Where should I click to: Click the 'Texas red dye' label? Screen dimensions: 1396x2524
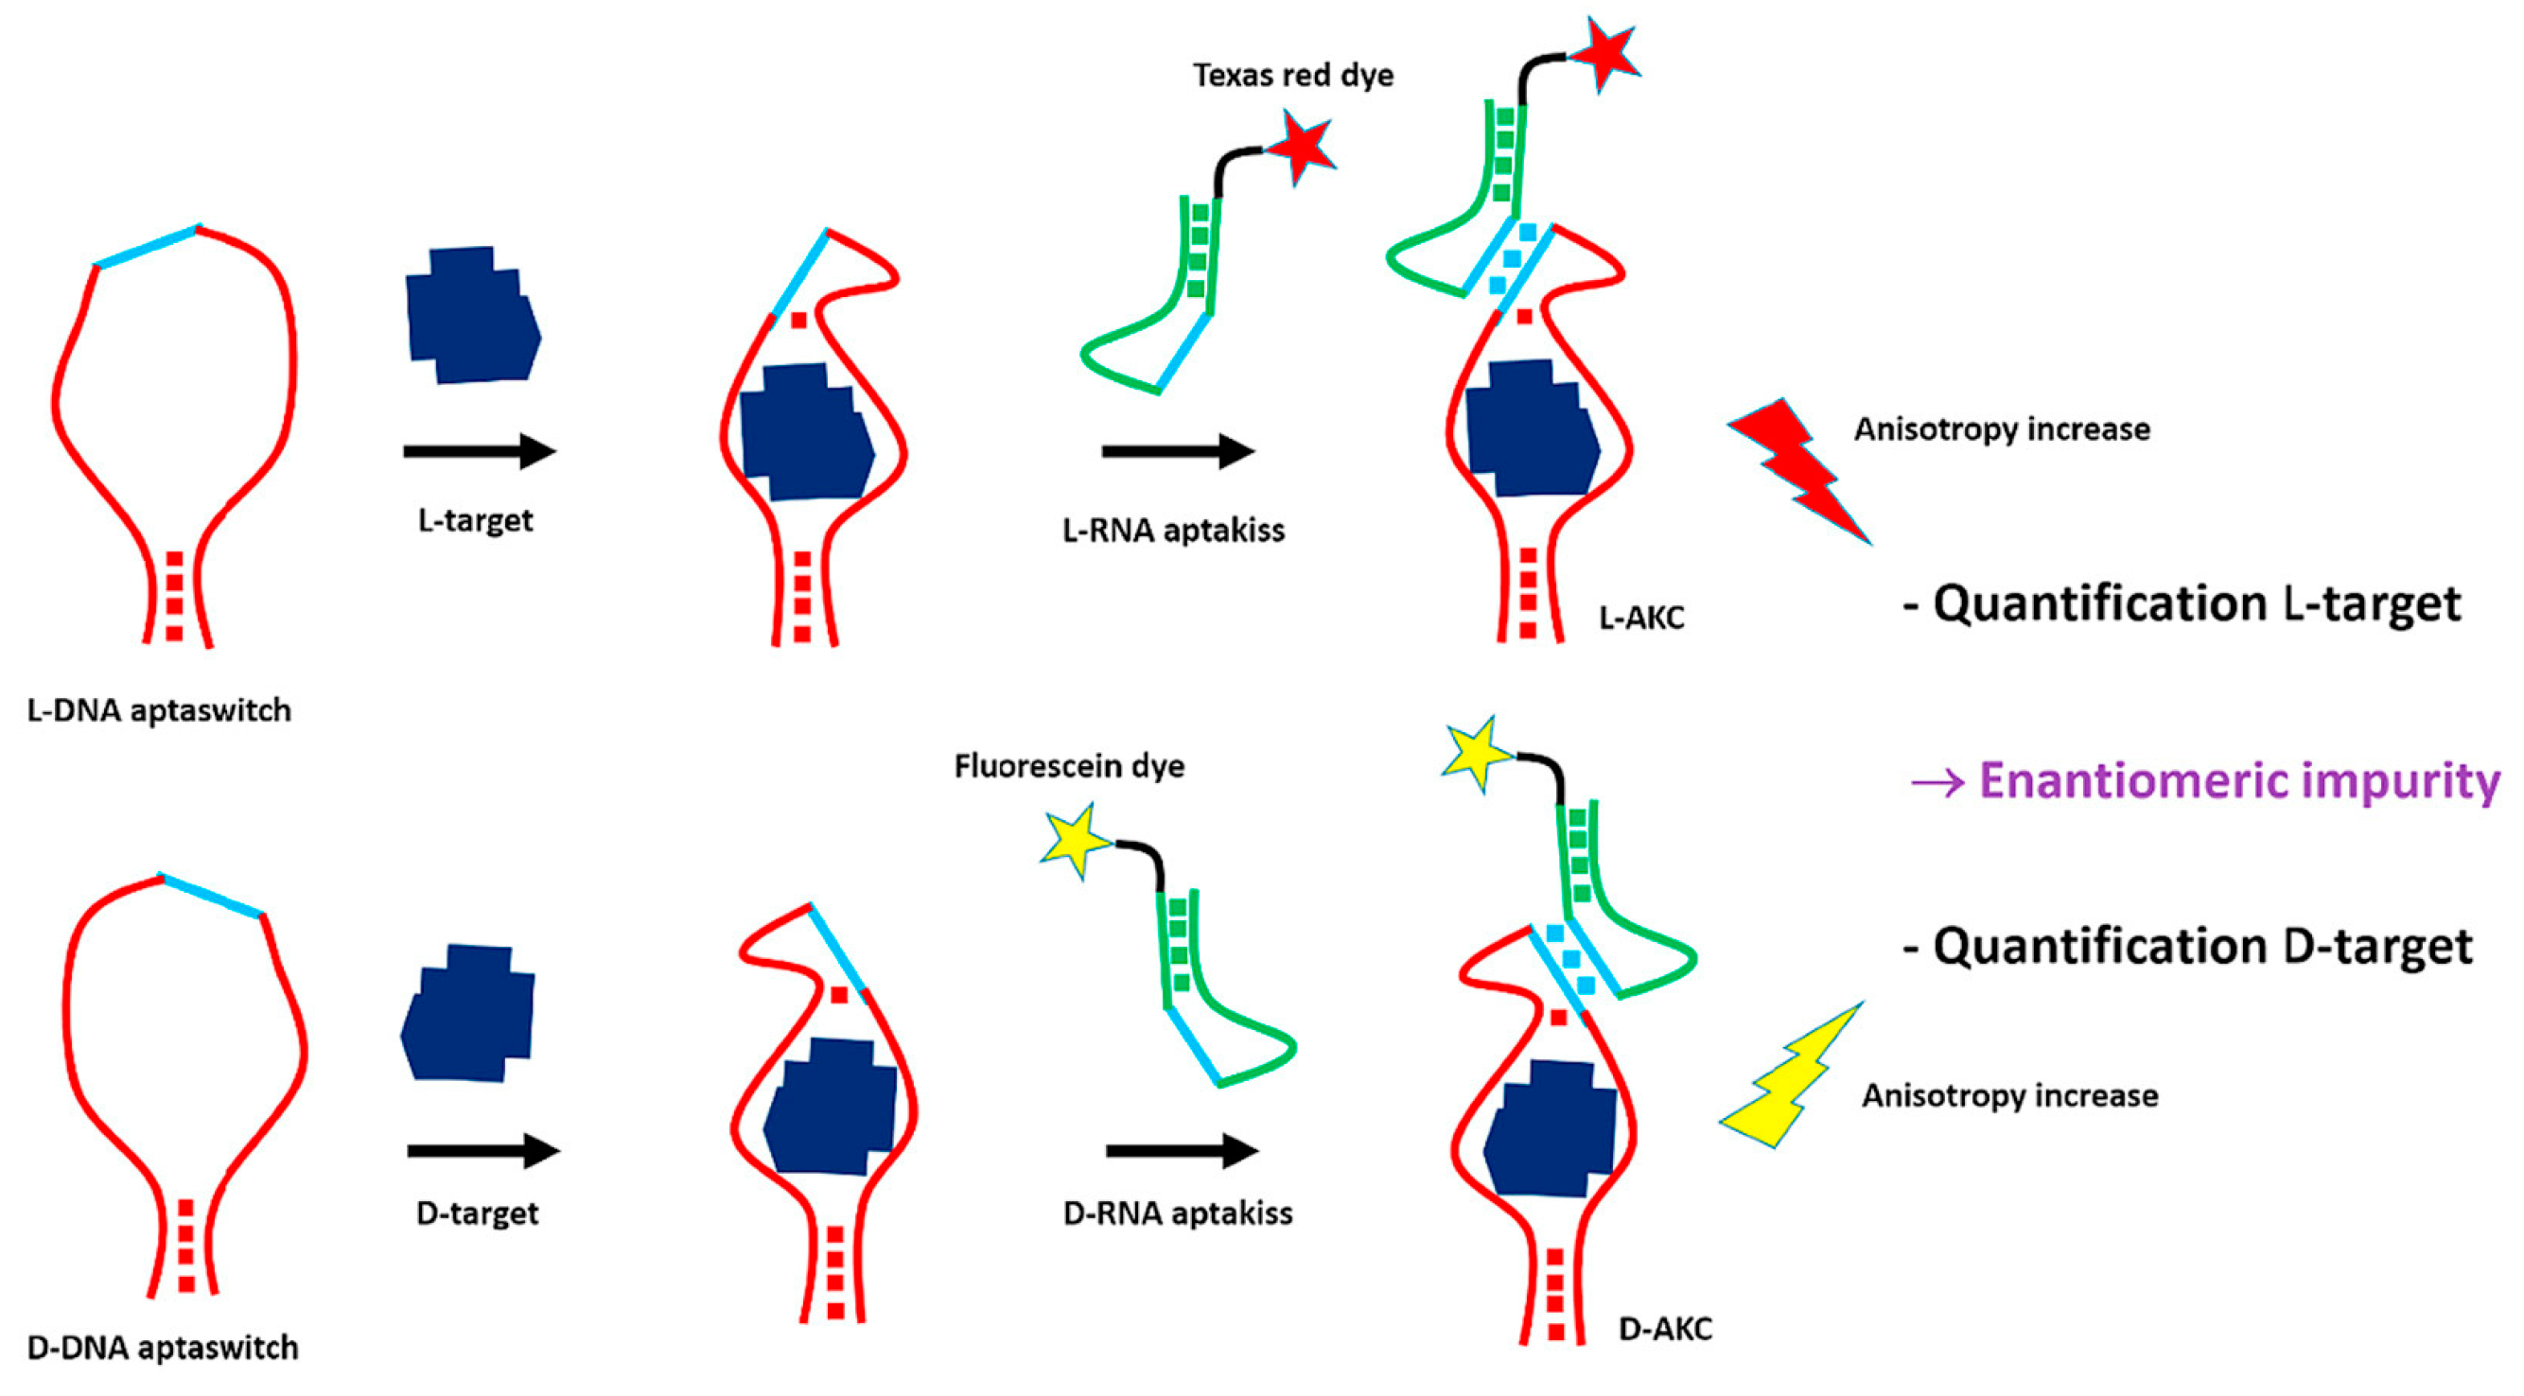[1292, 76]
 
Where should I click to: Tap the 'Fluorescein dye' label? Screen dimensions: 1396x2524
[1069, 765]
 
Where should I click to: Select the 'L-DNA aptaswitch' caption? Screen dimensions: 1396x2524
[159, 709]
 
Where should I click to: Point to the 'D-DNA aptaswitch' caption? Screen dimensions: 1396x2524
[163, 1347]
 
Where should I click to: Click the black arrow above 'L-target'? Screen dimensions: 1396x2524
[481, 451]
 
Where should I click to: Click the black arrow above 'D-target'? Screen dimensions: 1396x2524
[483, 1150]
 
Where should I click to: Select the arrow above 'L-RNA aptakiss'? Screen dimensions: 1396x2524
[1178, 451]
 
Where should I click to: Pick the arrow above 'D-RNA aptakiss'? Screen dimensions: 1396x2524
[1182, 1150]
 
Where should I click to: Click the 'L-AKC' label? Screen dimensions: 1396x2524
[1641, 619]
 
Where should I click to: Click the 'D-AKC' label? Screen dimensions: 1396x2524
[1665, 1330]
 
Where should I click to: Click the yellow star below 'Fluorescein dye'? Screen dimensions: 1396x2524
[1076, 841]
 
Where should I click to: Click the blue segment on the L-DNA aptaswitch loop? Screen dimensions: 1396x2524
[147, 246]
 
